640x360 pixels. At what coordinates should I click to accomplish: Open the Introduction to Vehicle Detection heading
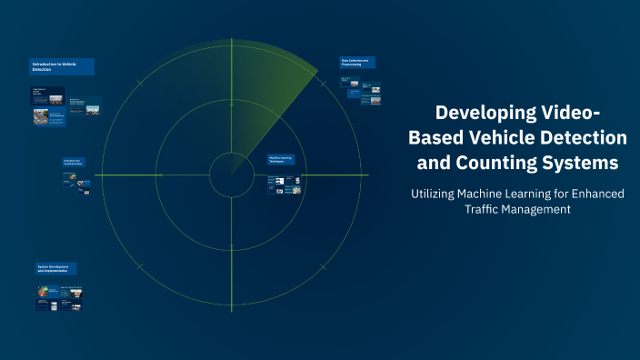click(x=62, y=66)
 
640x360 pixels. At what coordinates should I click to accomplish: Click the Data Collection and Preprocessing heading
click(x=358, y=64)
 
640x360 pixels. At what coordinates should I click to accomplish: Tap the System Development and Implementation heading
click(x=56, y=269)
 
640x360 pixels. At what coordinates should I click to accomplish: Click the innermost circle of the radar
click(x=232, y=175)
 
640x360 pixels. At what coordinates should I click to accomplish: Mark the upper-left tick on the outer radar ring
click(x=139, y=83)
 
